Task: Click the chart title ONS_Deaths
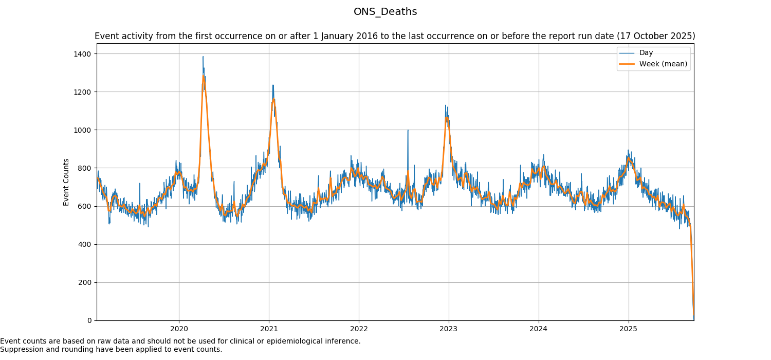(385, 12)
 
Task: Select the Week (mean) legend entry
(663, 64)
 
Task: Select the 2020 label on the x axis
(179, 329)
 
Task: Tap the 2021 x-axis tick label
(269, 329)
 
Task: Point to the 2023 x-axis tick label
(449, 329)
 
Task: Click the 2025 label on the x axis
(628, 329)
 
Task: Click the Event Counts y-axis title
(66, 182)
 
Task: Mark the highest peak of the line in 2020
(203, 57)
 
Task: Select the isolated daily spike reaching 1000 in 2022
(408, 130)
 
